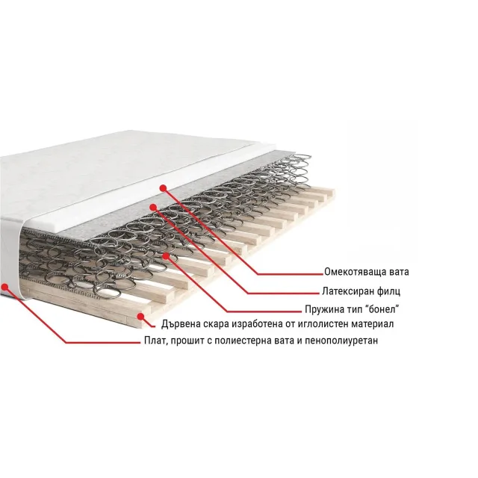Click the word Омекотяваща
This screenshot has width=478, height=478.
[353, 272]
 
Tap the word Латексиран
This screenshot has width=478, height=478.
[347, 291]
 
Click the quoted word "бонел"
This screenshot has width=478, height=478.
[382, 309]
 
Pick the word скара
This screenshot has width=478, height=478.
[215, 324]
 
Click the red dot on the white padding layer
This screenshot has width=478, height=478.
[163, 188]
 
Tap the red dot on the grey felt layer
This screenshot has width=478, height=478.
[153, 208]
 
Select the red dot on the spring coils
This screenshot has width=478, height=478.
[166, 255]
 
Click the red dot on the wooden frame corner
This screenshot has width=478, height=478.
[141, 317]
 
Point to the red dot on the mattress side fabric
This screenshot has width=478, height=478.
[5, 287]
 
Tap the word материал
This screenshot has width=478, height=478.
[373, 323]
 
